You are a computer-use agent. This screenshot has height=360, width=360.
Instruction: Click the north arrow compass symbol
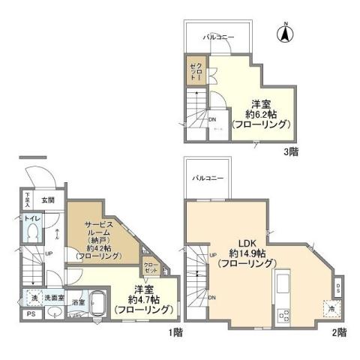coord(285,32)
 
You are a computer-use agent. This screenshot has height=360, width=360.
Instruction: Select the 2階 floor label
coord(337,331)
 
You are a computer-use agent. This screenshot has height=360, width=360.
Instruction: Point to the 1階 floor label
coord(174,331)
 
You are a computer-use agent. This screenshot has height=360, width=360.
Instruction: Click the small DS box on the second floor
coord(338,286)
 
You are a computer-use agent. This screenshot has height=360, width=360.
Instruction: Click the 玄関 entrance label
coord(47,199)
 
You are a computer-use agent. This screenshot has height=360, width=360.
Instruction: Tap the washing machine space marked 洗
coord(33,298)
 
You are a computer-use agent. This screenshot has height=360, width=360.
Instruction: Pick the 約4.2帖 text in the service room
coord(99,247)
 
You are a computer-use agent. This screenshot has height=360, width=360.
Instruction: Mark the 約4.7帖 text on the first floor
coord(145,299)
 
